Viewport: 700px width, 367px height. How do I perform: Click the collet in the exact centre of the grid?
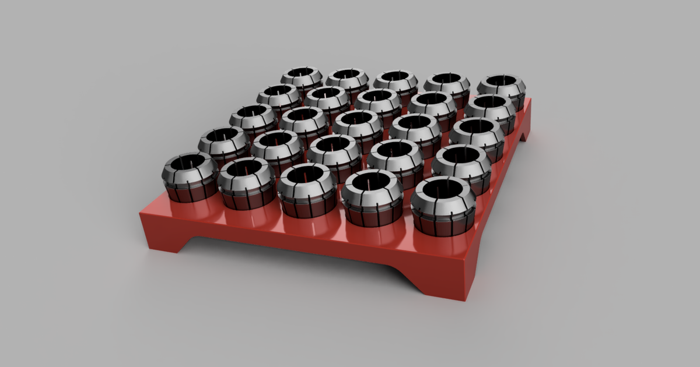point(358,130)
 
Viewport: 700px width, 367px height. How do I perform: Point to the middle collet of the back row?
point(395,84)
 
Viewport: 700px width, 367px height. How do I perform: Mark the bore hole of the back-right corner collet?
point(501,80)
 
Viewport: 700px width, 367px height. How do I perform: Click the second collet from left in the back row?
point(347,82)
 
